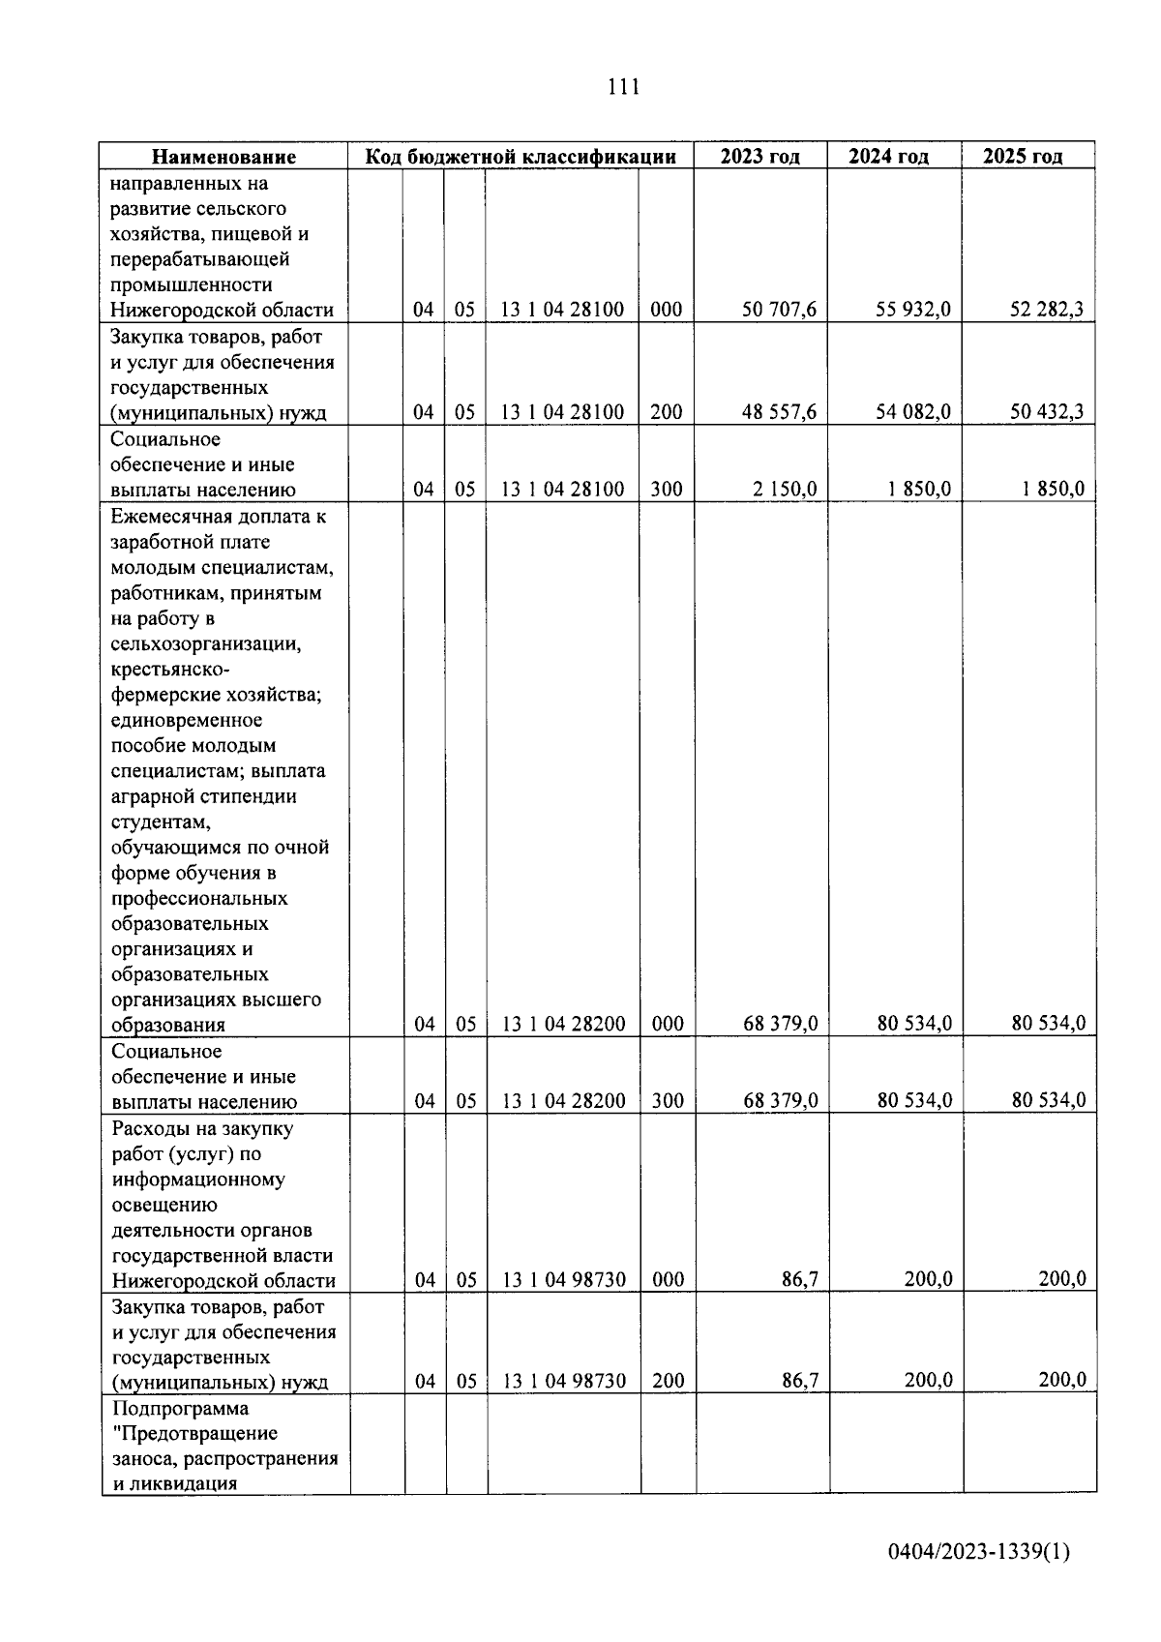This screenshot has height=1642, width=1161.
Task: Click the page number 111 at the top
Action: (x=623, y=88)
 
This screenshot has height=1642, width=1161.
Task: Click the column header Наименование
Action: (x=223, y=157)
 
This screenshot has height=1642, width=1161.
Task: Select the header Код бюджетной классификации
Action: (x=520, y=157)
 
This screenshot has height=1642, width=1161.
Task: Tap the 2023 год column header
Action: (x=759, y=157)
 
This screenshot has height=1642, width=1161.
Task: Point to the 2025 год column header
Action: (x=1023, y=157)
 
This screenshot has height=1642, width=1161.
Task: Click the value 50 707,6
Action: (x=779, y=310)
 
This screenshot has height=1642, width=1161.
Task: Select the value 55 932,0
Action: (x=913, y=310)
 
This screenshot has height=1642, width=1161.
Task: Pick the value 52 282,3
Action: (x=1047, y=310)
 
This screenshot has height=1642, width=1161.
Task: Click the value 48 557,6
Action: (x=779, y=412)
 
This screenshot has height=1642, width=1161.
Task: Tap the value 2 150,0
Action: (x=785, y=490)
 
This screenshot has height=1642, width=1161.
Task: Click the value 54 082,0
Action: (x=913, y=412)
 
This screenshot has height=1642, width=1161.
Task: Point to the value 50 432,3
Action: (x=1047, y=412)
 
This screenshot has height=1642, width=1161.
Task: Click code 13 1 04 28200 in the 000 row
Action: (x=563, y=1024)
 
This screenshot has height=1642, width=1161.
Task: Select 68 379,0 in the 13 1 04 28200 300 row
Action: (x=780, y=1101)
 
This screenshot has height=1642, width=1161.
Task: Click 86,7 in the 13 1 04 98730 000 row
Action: (x=800, y=1280)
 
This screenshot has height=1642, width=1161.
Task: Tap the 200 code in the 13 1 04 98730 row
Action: (x=668, y=1382)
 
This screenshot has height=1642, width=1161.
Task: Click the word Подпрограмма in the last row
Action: (x=180, y=1408)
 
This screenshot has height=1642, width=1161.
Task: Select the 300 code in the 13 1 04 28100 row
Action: (x=667, y=490)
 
